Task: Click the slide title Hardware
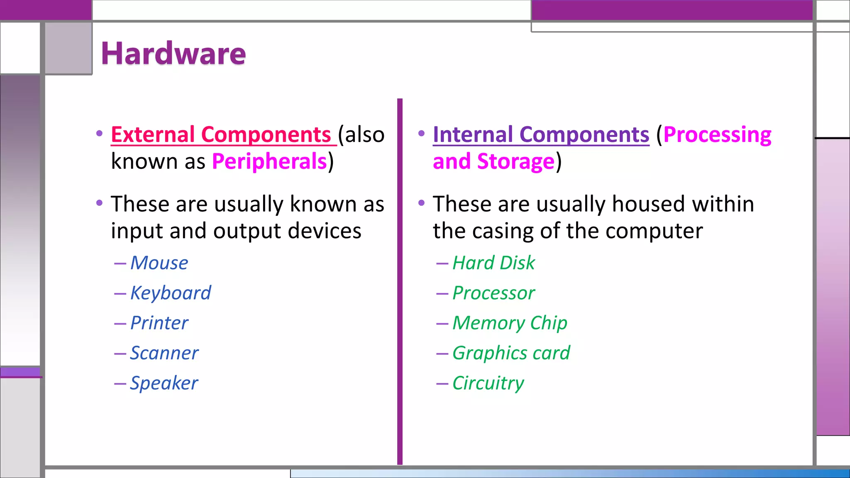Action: click(x=173, y=54)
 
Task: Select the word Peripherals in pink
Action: click(x=269, y=161)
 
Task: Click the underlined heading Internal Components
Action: click(x=541, y=134)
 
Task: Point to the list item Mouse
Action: click(x=159, y=263)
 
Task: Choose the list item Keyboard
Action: click(x=171, y=293)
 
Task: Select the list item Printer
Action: click(x=159, y=323)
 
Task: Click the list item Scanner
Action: click(x=164, y=353)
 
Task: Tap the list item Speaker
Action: click(x=164, y=383)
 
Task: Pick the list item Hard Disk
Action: click(x=493, y=263)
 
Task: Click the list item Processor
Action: click(x=493, y=293)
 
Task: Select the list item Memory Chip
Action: click(x=510, y=323)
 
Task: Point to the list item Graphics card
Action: click(x=511, y=353)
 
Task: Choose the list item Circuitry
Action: click(x=488, y=383)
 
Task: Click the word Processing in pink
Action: click(x=717, y=134)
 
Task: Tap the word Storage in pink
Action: click(x=515, y=161)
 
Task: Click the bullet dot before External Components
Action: click(x=99, y=134)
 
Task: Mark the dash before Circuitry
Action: click(x=442, y=384)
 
